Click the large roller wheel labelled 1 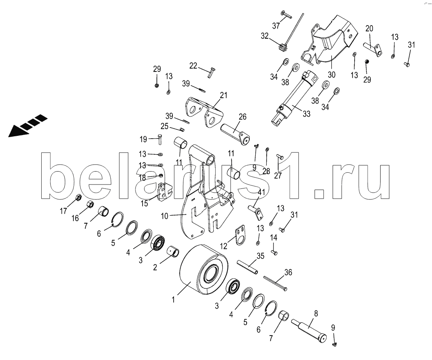click(x=204, y=270)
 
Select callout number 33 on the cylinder click(x=306, y=114)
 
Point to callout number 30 click(x=331, y=74)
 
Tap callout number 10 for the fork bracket click(x=165, y=216)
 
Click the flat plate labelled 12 click(x=240, y=236)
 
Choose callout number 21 click(x=224, y=95)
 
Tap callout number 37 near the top click(x=276, y=26)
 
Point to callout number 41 click(x=261, y=192)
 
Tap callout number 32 click(x=264, y=36)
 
